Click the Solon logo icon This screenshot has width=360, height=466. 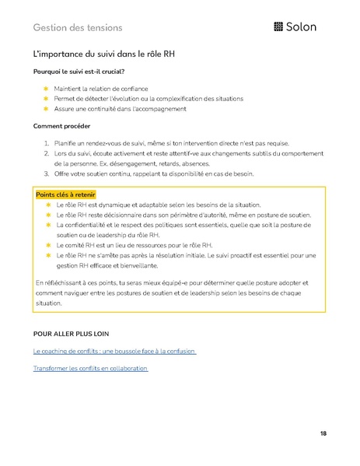[279, 27]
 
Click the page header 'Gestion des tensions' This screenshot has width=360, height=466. [78, 27]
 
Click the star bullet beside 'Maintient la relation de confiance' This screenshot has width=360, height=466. [46, 89]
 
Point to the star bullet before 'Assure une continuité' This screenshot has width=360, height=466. [46, 109]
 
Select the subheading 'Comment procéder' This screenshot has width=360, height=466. [61, 126]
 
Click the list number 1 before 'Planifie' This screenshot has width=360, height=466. [47, 143]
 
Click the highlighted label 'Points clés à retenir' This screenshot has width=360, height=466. [63, 194]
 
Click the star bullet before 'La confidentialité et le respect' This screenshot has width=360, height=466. [47, 224]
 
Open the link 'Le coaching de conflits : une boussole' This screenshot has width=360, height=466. [114, 351]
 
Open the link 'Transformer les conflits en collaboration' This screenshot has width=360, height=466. [90, 367]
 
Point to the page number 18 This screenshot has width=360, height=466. [323, 433]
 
